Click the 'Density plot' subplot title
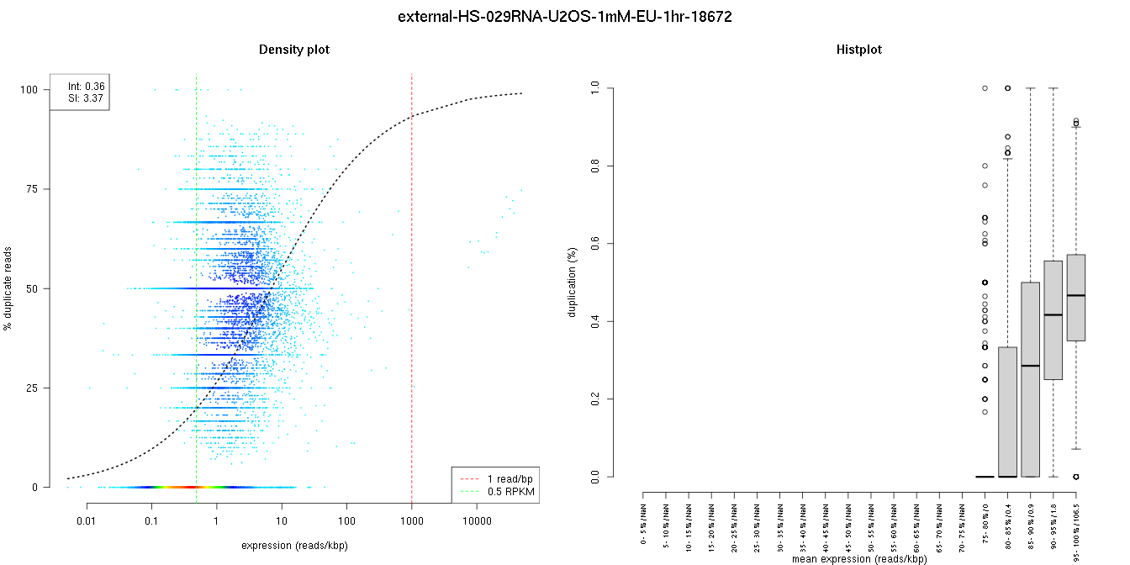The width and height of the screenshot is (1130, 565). pos(294,50)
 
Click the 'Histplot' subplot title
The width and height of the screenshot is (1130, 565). pos(859,50)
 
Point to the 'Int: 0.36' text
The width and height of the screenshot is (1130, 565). pos(86,86)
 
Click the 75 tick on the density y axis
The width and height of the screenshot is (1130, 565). pos(34,189)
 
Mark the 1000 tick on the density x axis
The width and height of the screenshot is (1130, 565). pos(411,522)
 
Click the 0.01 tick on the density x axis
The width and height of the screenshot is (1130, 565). pos(87,522)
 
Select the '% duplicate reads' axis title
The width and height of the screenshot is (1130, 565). pos(9,288)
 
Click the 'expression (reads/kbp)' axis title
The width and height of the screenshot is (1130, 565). pos(294,546)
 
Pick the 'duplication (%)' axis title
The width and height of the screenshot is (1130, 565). pos(573,282)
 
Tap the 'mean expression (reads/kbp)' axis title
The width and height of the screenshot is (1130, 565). pos(859,558)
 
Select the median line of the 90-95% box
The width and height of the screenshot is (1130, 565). pos(1053,314)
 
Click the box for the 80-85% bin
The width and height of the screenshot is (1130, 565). pos(1007,412)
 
